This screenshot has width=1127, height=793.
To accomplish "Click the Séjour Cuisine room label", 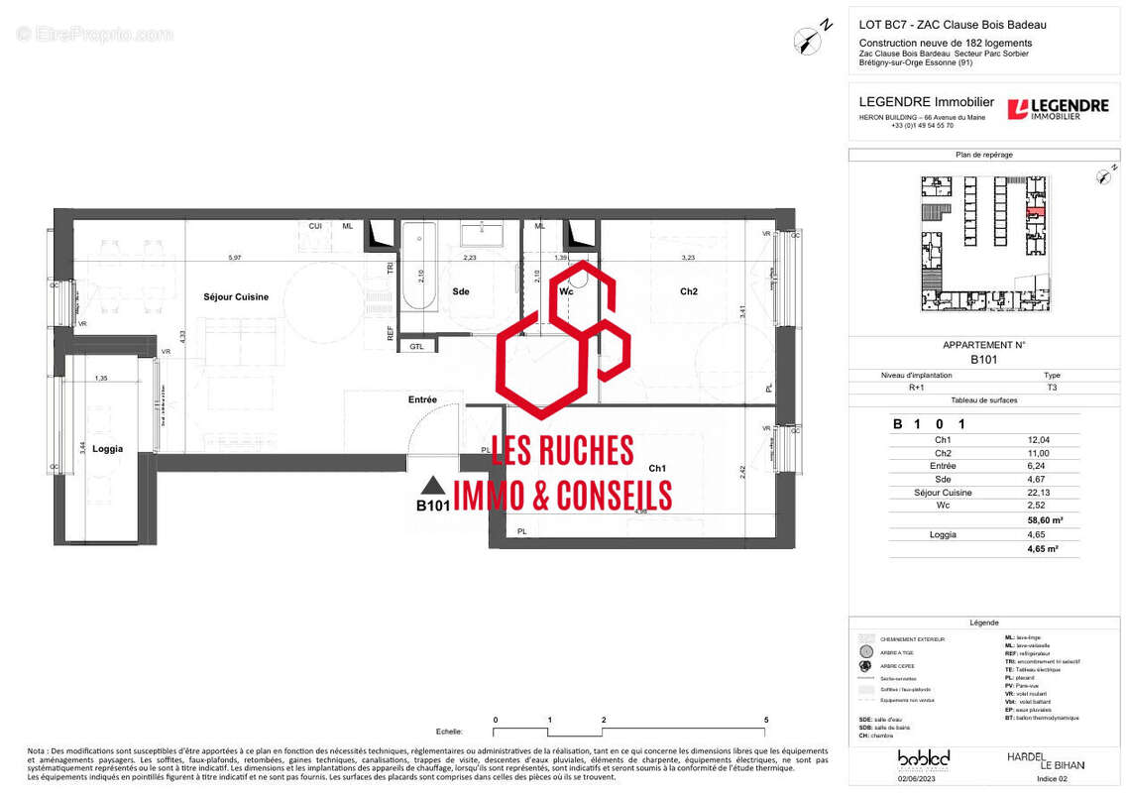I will click(x=236, y=296).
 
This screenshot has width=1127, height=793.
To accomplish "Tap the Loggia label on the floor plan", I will click(x=107, y=449).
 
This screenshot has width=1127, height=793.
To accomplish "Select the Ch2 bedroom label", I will click(x=689, y=291).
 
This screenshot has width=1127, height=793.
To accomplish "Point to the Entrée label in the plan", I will click(x=422, y=399).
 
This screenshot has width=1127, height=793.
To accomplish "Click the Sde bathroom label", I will click(x=461, y=291).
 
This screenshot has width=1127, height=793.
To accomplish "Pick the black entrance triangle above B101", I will click(x=432, y=486).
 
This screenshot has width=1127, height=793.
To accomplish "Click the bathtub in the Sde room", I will click(x=419, y=267).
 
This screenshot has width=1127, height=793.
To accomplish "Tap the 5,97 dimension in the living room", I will click(x=235, y=258).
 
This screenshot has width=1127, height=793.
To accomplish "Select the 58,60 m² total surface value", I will click(x=1044, y=519).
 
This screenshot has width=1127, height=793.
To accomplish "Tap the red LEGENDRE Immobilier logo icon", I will click(x=1017, y=109).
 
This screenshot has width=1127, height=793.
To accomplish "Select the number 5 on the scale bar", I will click(x=766, y=720).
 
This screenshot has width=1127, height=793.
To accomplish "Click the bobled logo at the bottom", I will click(x=923, y=759).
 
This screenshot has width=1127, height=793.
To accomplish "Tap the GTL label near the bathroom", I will click(x=416, y=346).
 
